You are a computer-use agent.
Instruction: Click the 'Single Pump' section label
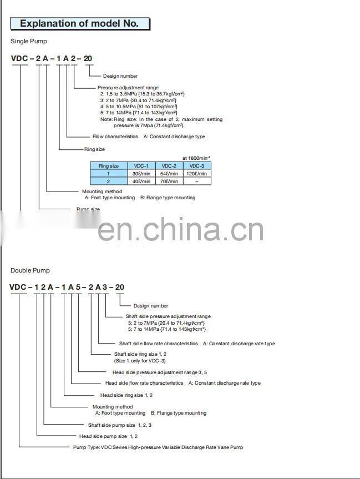click(x=29, y=41)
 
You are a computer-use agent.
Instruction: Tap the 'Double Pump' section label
click(x=30, y=270)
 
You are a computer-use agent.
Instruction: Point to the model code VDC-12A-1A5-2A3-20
click(x=67, y=287)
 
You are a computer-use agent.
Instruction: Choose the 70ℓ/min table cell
click(x=169, y=181)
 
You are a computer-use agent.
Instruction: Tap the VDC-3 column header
click(x=196, y=166)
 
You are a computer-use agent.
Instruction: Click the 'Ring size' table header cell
click(x=109, y=166)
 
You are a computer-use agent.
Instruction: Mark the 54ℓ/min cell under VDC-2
click(x=169, y=174)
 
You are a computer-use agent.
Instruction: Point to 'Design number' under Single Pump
click(x=120, y=76)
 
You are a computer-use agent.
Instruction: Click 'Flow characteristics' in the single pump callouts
click(x=115, y=137)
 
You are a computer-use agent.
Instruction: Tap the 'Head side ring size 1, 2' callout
click(x=126, y=395)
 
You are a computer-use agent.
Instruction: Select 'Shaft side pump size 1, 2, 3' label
click(x=119, y=425)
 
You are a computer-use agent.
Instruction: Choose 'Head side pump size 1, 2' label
click(x=108, y=436)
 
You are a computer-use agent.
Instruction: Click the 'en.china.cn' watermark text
click(x=181, y=229)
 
